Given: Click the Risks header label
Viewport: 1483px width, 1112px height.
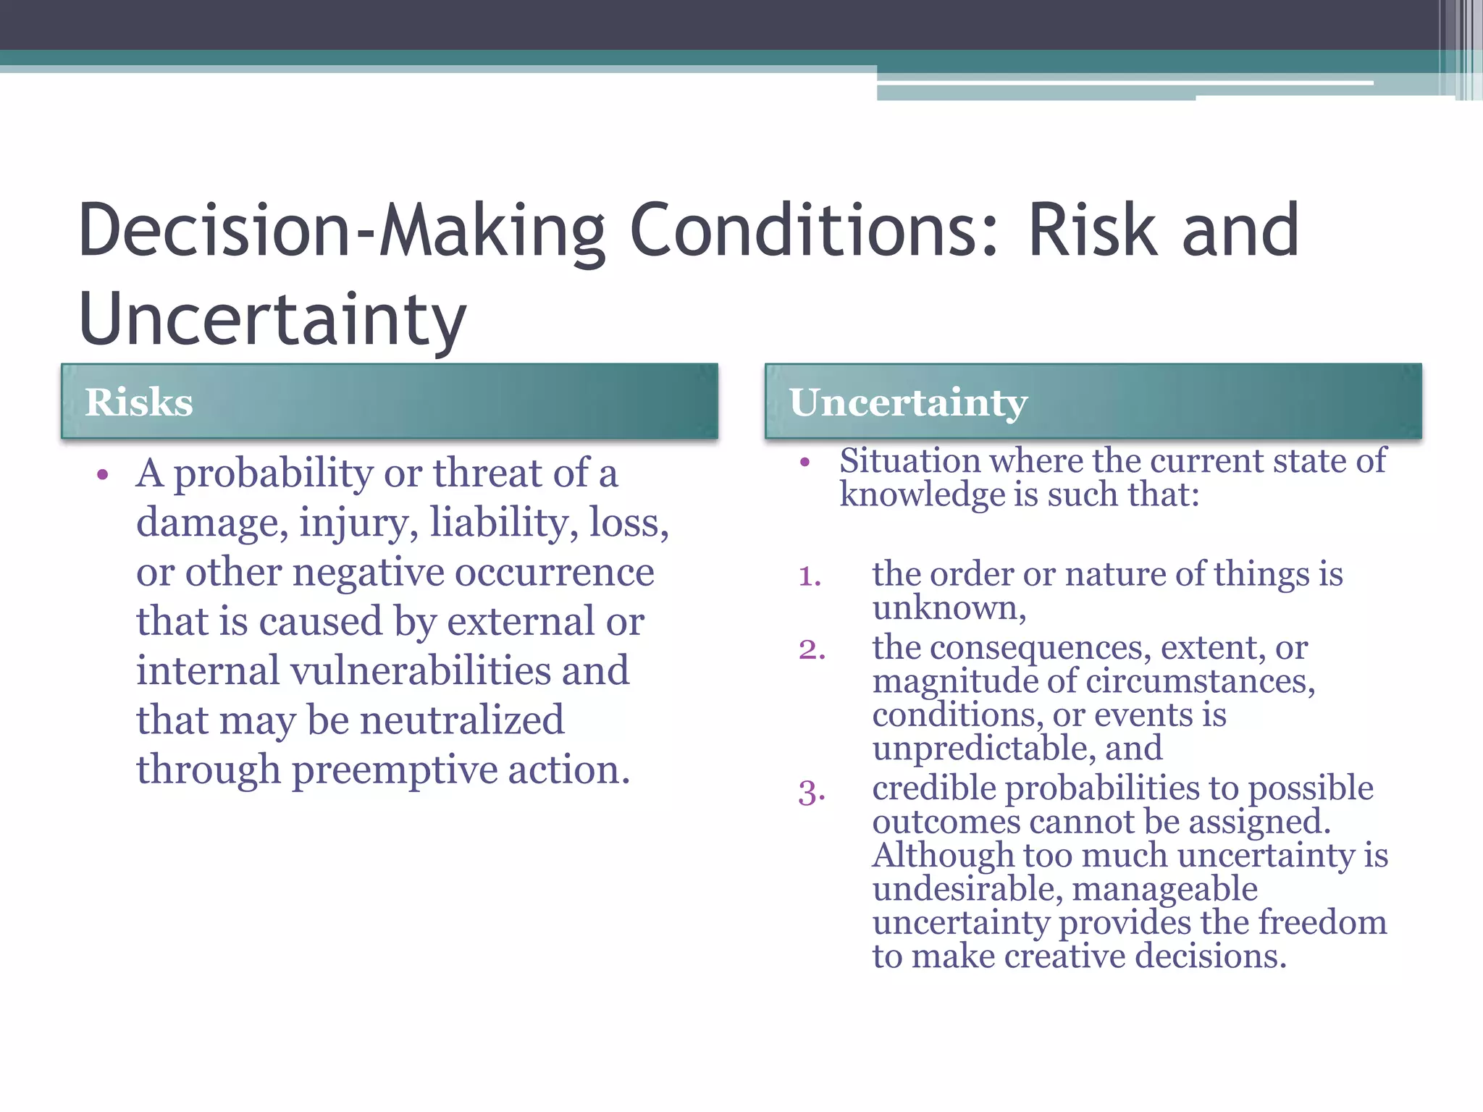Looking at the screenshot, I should point(138,403).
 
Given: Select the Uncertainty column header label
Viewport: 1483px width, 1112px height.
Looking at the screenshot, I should point(908,403).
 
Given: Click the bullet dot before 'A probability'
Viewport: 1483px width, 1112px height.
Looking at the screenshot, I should point(102,476).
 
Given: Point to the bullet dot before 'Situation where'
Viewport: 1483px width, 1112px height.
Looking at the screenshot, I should point(804,462).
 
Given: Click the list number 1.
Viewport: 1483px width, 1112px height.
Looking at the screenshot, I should point(810,577).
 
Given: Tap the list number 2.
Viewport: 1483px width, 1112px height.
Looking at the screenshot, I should point(812,649).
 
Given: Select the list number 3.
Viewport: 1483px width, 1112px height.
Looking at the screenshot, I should point(812,792).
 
